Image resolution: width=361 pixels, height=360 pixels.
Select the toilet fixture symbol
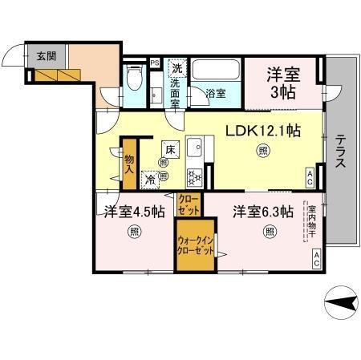pyautogui.click(x=136, y=80)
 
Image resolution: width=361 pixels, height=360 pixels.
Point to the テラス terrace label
pyautogui.click(x=341, y=150)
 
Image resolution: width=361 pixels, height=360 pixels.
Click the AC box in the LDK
pyautogui.click(x=310, y=179)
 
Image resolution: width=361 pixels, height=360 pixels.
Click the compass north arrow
pyautogui.click(x=341, y=302)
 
